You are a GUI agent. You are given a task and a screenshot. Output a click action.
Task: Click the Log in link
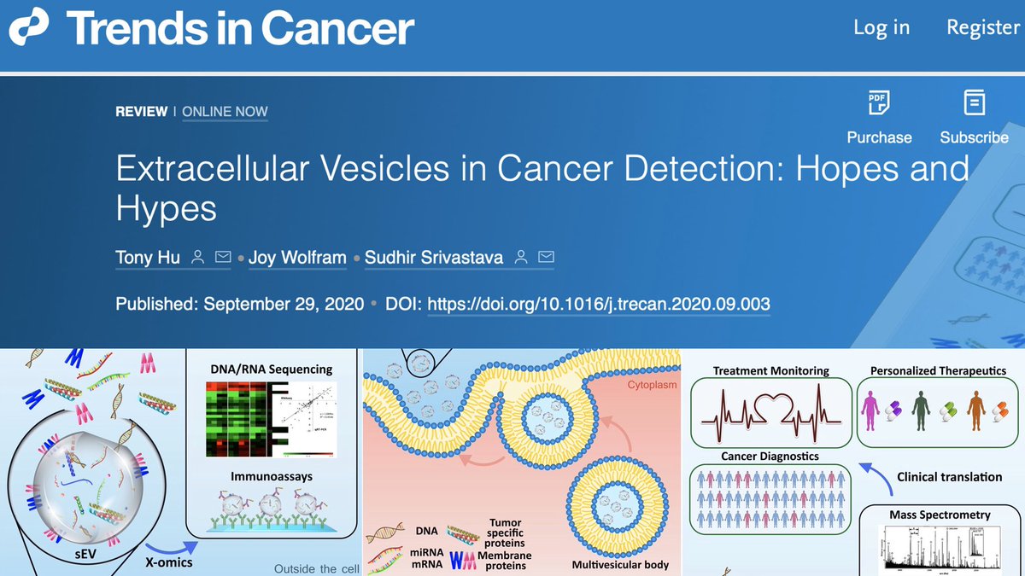click(x=881, y=27)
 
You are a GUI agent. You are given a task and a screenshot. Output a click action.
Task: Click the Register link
click(x=982, y=27)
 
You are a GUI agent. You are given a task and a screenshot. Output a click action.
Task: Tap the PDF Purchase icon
click(x=878, y=103)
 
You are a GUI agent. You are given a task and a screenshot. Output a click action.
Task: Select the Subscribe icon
click(x=974, y=103)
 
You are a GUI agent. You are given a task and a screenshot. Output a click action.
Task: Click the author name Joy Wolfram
click(x=298, y=257)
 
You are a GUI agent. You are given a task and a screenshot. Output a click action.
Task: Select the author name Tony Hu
click(x=146, y=257)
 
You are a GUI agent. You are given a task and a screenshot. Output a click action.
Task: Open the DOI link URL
click(x=598, y=304)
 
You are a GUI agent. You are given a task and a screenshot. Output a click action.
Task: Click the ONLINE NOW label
click(x=225, y=112)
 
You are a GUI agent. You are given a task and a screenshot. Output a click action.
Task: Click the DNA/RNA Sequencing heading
click(x=271, y=369)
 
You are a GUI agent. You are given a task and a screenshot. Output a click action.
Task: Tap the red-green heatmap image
click(x=237, y=419)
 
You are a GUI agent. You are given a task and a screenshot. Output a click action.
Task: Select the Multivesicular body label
click(x=620, y=564)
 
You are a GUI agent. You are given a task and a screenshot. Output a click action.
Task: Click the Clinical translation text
click(x=949, y=477)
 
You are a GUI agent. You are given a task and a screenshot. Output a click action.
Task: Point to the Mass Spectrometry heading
click(x=940, y=515)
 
